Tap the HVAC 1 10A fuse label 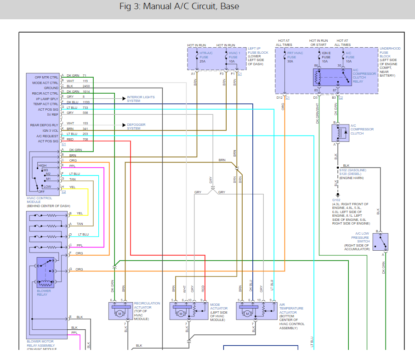pos(233,57)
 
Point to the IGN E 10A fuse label pos(326,57)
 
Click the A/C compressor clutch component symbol pos(341,133)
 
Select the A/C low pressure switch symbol pos(380,242)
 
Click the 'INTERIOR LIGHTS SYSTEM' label pos(141,99)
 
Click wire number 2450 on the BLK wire pos(86,86)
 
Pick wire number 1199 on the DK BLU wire pos(86,102)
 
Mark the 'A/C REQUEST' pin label pos(47,136)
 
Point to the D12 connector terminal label pos(279,97)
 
